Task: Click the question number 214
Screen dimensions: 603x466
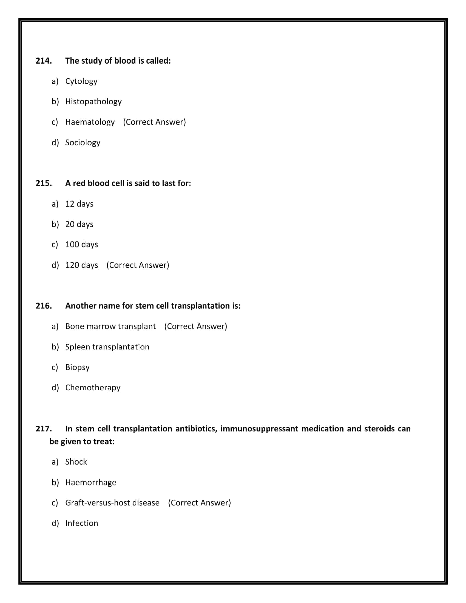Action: [x=44, y=61]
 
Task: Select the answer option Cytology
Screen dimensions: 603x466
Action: [x=81, y=81]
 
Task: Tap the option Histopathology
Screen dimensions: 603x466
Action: [x=93, y=102]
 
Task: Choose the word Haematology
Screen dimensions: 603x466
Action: [x=90, y=122]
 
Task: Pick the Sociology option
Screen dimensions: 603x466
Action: [x=83, y=143]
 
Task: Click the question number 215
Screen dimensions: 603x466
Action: [x=44, y=183]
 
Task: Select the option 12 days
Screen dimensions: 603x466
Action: [x=79, y=204]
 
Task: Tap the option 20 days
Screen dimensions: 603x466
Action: [x=79, y=224]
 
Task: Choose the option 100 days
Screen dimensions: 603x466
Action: [x=81, y=244]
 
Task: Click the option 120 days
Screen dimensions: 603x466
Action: [x=81, y=265]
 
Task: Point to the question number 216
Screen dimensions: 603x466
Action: [x=44, y=306]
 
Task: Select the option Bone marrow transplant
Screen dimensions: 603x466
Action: [x=110, y=326]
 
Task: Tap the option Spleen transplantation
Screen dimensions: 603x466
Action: [x=107, y=347]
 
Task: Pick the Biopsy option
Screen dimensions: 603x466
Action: [x=77, y=367]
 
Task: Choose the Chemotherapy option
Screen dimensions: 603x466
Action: [x=93, y=388]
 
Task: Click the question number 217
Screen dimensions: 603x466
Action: [x=44, y=429]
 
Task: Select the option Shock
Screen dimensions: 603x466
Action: [x=76, y=462]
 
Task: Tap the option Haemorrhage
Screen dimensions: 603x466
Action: [x=90, y=482]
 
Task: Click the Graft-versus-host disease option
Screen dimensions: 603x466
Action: [x=112, y=503]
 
